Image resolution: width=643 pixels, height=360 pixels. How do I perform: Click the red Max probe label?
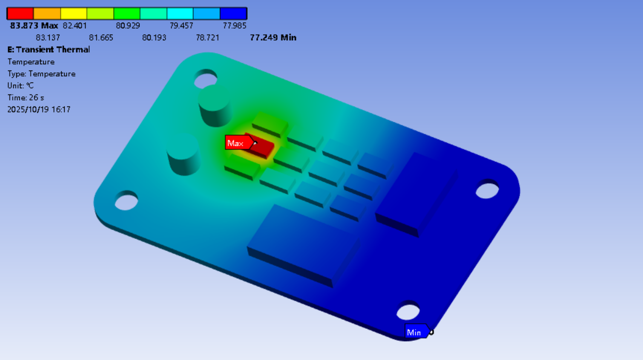pyautogui.click(x=236, y=143)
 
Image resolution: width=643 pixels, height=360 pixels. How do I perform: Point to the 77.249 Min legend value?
pyautogui.click(x=273, y=38)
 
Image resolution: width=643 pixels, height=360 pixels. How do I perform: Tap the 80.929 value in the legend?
pyautogui.click(x=128, y=26)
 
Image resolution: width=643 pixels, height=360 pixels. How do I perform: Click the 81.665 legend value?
pyautogui.click(x=101, y=38)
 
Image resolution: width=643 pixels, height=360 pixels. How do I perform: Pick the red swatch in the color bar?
pyautogui.click(x=20, y=14)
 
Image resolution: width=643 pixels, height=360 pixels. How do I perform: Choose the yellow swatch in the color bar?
pyautogui.click(x=73, y=14)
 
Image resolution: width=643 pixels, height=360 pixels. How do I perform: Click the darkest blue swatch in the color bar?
pyautogui.click(x=233, y=14)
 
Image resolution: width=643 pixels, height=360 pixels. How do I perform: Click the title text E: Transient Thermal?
pyautogui.click(x=49, y=50)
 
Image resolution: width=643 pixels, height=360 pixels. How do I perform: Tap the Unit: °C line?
pyautogui.click(x=21, y=85)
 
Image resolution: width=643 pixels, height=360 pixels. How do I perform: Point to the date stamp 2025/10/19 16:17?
pyautogui.click(x=39, y=109)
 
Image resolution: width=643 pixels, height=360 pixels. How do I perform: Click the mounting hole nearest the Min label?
pyautogui.click(x=408, y=311)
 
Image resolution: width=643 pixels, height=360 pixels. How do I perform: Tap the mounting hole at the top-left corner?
pyautogui.click(x=205, y=79)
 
